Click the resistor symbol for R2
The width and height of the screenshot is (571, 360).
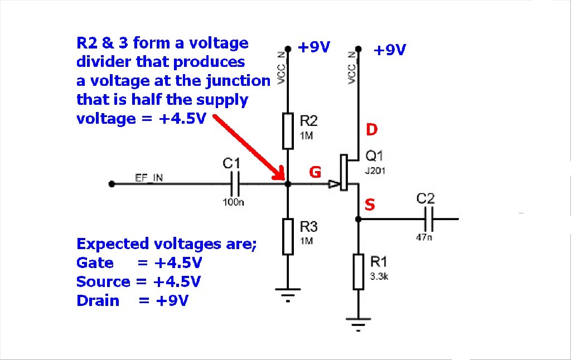pos(288,131)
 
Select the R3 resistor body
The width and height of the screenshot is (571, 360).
pos(288,237)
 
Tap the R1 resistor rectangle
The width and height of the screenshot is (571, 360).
pos(359,272)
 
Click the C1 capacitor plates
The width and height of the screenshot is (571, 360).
pos(235,184)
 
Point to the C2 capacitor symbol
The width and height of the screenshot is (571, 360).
pos(429,219)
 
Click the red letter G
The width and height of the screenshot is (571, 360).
pos(315,172)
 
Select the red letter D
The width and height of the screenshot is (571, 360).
pos(371,130)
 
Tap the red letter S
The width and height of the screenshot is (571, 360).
pos(370,205)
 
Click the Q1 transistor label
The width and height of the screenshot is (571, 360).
pos(374,156)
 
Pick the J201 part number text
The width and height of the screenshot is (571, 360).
pos(375,171)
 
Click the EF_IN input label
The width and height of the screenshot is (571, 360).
pos(149,178)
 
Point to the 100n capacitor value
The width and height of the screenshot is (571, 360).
pos(233,202)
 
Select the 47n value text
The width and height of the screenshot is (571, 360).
pos(424,237)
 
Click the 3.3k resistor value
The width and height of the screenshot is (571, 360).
pos(379,276)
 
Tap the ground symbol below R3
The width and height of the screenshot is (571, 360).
pos(288,295)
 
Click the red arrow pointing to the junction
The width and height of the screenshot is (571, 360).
pos(249,147)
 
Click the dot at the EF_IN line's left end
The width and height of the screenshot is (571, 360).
pos(112,184)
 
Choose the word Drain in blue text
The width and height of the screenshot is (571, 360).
pos(98,301)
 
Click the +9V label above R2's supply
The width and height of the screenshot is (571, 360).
pos(313,47)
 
